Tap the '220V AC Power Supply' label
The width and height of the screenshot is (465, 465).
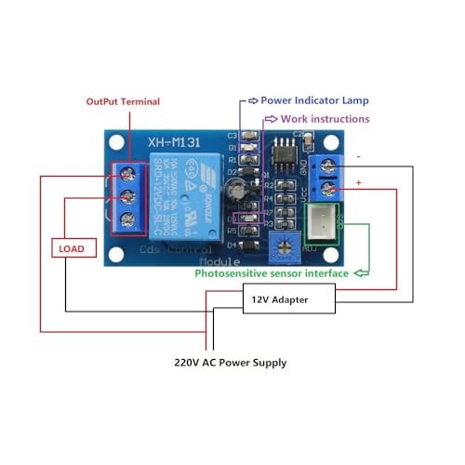230,363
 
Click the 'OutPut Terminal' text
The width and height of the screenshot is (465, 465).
123,101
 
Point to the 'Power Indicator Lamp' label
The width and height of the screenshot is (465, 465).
315,100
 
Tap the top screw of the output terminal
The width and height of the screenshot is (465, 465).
128,173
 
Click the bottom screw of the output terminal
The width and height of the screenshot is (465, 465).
128,219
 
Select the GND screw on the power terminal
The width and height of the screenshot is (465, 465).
325,166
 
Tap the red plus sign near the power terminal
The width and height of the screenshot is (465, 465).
359,183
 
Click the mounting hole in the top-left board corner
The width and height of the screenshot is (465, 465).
115,143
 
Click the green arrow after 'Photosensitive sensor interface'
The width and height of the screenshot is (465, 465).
361,273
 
